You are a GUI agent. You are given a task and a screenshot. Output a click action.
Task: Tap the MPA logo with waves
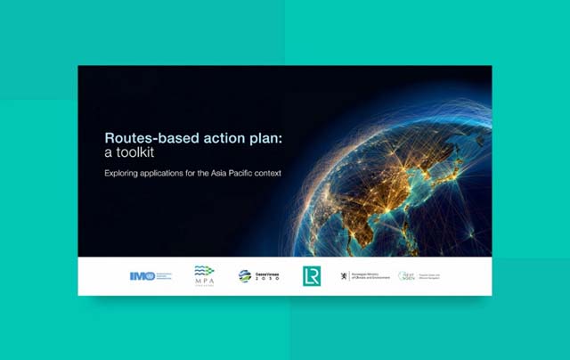point(205,274)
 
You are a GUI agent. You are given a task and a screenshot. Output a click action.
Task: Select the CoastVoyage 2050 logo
point(259,276)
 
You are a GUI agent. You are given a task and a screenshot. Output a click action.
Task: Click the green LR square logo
point(311,275)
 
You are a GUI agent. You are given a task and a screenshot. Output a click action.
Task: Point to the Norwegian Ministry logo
point(364,276)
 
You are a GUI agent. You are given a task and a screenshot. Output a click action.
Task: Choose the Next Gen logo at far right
point(418,276)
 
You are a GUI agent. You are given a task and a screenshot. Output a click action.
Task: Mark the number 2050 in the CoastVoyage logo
point(267,279)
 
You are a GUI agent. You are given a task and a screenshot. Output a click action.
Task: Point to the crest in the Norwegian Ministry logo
point(344,276)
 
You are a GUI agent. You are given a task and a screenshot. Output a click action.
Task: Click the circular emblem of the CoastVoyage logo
point(244,276)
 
